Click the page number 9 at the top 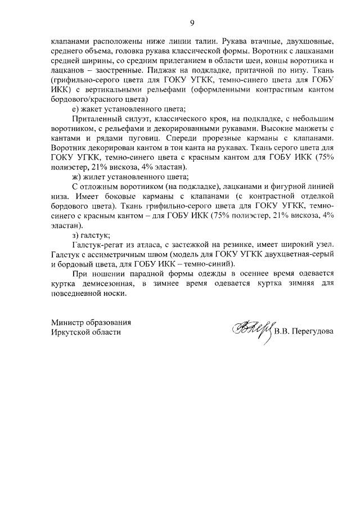192,22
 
